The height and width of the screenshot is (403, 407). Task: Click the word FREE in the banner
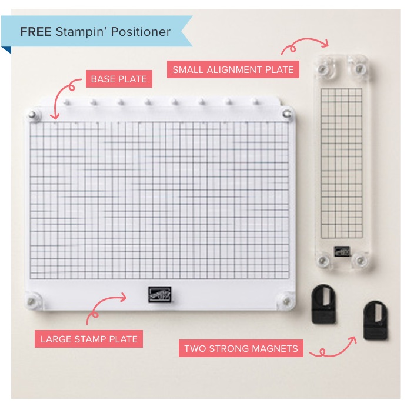[35, 32]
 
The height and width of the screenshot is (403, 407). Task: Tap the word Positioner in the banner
[141, 32]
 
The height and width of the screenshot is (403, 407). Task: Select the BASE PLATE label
[119, 79]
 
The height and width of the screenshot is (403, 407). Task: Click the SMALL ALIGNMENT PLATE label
[233, 69]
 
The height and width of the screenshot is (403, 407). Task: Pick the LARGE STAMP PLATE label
[89, 339]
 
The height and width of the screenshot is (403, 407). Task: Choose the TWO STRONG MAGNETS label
[241, 348]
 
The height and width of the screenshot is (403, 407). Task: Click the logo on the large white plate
[159, 295]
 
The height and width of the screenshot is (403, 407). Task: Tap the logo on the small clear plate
[342, 251]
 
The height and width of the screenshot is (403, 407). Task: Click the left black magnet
[323, 304]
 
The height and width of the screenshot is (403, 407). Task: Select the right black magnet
[375, 321]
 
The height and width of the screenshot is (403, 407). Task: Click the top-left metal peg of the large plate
[32, 115]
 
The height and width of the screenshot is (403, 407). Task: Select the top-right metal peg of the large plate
[287, 114]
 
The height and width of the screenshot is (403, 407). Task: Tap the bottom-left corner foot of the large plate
[32, 301]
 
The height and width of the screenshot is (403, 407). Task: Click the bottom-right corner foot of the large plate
[286, 301]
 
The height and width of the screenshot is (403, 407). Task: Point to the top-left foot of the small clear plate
[323, 69]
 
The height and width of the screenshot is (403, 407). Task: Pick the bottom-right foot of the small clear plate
[361, 261]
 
